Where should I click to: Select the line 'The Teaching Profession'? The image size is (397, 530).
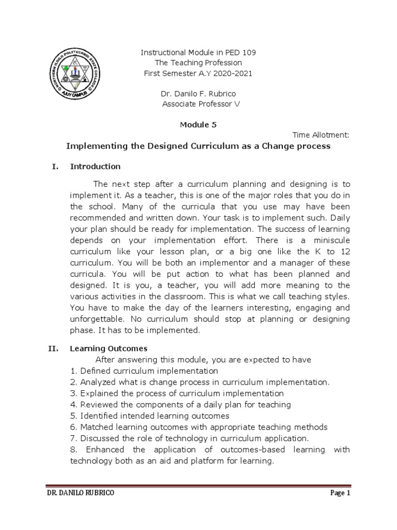[x=199, y=63]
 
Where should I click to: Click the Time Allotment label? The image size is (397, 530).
[x=321, y=135]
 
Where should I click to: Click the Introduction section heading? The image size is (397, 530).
[x=95, y=167]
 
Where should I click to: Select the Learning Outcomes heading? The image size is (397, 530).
[x=109, y=349]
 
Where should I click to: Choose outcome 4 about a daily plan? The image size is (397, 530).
[x=180, y=404]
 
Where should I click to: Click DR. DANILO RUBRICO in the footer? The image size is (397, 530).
[x=81, y=493]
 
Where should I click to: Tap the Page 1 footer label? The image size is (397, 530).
[x=340, y=493]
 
